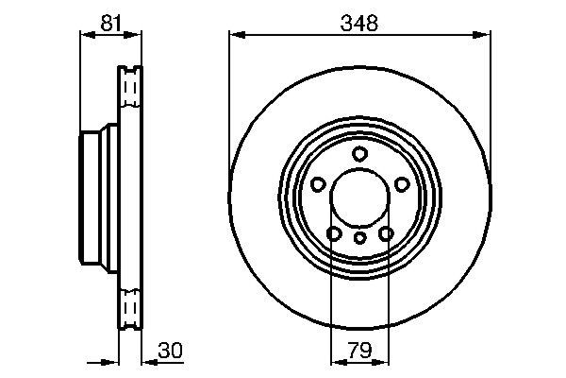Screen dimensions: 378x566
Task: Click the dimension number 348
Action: click(x=359, y=23)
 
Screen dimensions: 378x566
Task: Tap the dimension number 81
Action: click(x=110, y=23)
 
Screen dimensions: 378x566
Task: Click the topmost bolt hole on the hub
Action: click(x=359, y=154)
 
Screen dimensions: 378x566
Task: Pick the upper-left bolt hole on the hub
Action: click(x=318, y=184)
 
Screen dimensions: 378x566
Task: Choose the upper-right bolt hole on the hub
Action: click(x=401, y=184)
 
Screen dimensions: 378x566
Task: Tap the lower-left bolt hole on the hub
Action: click(x=334, y=232)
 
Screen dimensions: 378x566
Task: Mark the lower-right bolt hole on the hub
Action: click(x=385, y=232)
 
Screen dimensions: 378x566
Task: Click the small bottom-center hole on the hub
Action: click(x=359, y=237)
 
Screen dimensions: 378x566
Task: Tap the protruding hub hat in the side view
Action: click(x=92, y=198)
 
